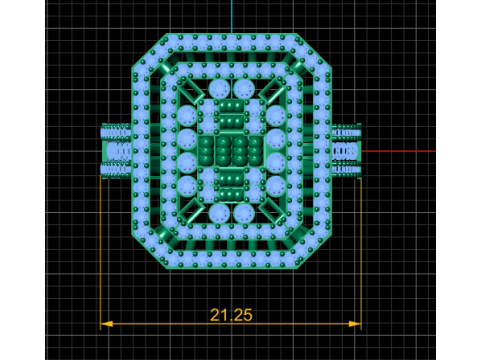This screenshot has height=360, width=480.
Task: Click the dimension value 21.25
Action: tap(231, 315)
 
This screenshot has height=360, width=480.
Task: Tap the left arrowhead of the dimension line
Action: tap(107, 324)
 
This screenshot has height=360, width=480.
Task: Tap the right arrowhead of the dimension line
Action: tap(355, 324)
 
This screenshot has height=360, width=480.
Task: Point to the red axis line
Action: tap(399, 151)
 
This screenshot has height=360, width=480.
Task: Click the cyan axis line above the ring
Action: tap(232, 16)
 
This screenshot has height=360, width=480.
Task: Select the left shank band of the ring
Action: tap(116, 151)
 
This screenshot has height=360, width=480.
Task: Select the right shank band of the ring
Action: tap(347, 151)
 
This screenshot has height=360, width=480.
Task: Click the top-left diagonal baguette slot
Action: tap(191, 90)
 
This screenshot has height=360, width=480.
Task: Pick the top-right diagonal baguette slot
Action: tap(272, 90)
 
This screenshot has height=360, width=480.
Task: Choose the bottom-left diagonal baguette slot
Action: tap(191, 211)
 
